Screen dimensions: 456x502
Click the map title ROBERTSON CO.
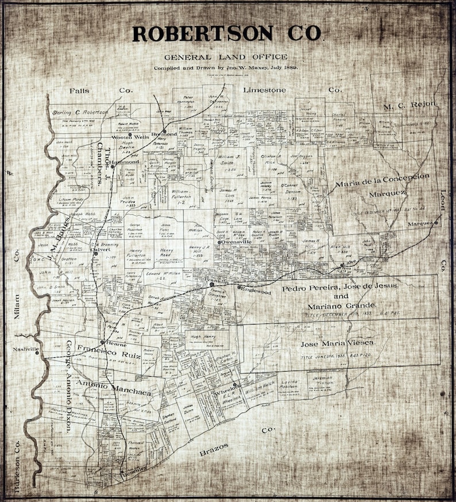[x=227, y=33]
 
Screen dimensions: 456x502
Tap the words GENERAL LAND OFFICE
[x=226, y=57]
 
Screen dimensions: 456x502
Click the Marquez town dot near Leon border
[x=436, y=222]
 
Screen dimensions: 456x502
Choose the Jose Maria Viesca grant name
[x=338, y=343]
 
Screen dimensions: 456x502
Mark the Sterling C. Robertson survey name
[x=80, y=112]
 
